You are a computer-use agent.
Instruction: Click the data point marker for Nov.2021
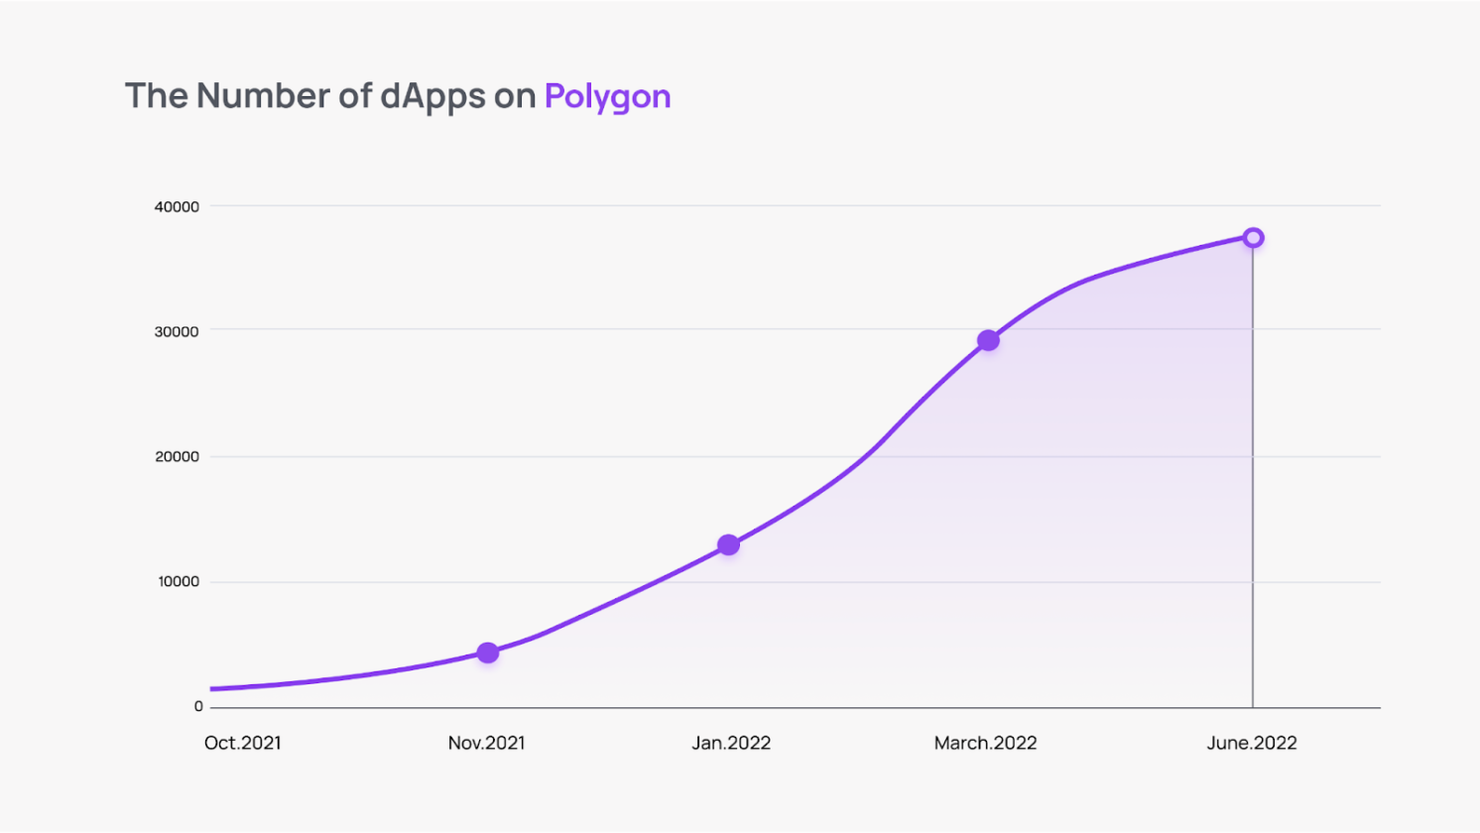point(487,653)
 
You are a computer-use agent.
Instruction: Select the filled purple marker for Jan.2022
point(728,544)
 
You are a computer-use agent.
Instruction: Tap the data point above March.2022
point(988,340)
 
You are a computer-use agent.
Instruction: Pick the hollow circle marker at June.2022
point(1253,238)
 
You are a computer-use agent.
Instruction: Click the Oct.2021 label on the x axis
point(242,743)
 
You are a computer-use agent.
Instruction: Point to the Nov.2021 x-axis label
point(486,743)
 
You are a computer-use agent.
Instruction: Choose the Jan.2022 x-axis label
point(731,743)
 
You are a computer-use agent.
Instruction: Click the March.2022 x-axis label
point(985,743)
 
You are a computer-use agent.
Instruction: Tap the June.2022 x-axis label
point(1251,743)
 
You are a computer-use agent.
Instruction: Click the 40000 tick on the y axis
point(177,206)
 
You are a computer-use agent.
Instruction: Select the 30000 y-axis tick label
point(177,331)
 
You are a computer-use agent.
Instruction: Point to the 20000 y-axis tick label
point(177,456)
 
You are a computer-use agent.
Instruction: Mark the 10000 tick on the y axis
point(179,581)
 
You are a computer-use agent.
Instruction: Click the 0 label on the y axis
point(198,706)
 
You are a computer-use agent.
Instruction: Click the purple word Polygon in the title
point(607,96)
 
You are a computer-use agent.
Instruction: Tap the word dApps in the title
point(432,96)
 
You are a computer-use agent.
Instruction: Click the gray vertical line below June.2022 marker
point(1253,476)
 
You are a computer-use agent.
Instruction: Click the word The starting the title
point(156,96)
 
